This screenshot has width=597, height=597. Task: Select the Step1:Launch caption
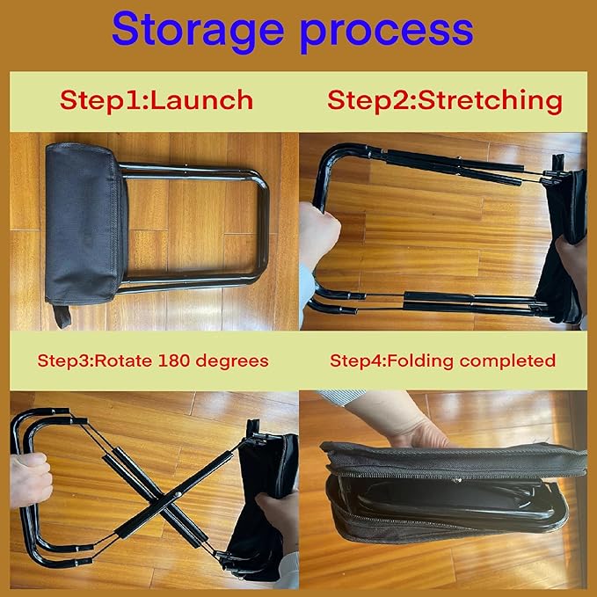(157, 99)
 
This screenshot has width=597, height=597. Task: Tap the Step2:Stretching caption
(444, 99)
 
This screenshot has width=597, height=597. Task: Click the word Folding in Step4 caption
(411, 360)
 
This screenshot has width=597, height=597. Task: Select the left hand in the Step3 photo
(28, 479)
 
